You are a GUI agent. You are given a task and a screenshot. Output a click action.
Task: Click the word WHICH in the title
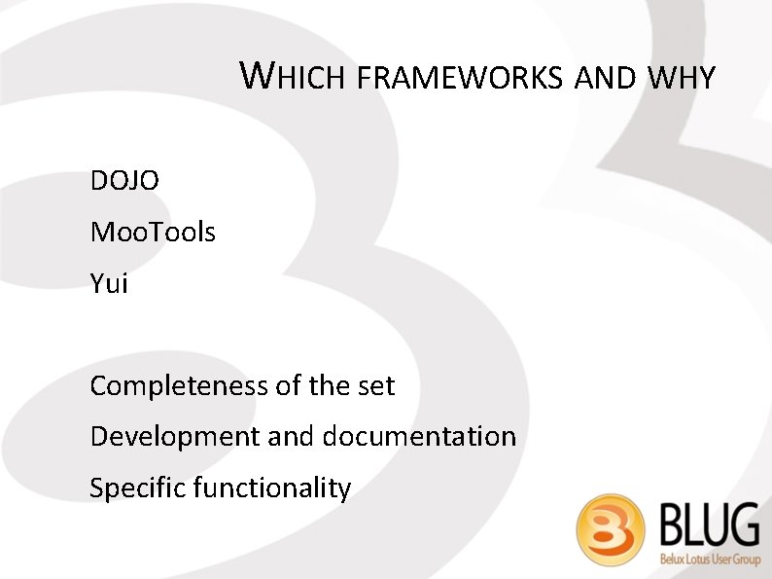pyautogui.click(x=293, y=77)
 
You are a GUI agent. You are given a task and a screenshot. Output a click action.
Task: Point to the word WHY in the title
pyautogui.click(x=678, y=78)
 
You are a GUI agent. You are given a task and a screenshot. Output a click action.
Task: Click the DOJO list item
pyautogui.click(x=124, y=181)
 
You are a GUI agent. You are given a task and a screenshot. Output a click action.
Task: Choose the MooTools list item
pyautogui.click(x=153, y=233)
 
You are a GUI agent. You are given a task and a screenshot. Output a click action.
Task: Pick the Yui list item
pyautogui.click(x=109, y=284)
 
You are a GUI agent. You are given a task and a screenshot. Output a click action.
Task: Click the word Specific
pyautogui.click(x=137, y=488)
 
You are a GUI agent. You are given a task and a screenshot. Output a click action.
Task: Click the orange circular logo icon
pyautogui.click(x=611, y=531)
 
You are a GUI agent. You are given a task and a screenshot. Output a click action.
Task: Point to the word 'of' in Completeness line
pyautogui.click(x=288, y=386)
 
